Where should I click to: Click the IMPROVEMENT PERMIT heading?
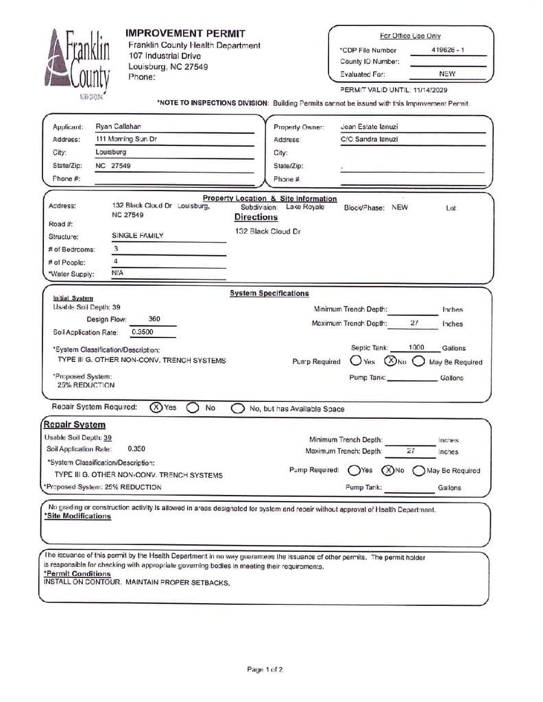click(x=185, y=33)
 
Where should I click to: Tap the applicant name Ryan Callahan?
click(x=119, y=127)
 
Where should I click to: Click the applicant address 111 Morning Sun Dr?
click(x=128, y=139)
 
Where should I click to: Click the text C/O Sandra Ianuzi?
click(x=369, y=139)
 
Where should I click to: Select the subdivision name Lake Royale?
click(x=304, y=207)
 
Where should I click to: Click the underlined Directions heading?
click(x=256, y=217)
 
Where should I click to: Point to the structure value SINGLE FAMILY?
click(x=138, y=236)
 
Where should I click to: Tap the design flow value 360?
click(x=154, y=319)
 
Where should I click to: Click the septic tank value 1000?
click(x=416, y=348)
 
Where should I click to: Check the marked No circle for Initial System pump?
click(x=389, y=361)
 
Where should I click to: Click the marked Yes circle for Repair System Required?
click(x=156, y=407)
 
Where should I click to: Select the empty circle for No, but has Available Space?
click(x=237, y=409)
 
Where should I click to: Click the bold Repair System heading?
click(x=74, y=425)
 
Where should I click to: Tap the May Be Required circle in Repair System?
click(x=418, y=470)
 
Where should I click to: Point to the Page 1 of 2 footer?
click(x=265, y=669)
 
